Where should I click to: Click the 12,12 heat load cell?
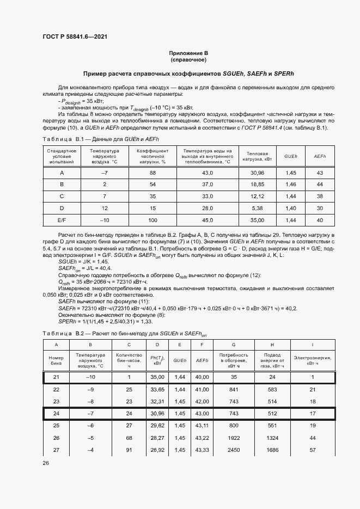(x=257, y=196)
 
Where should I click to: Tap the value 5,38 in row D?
(x=257, y=208)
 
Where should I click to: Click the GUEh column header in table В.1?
(x=291, y=156)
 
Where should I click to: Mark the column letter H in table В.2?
(x=272, y=344)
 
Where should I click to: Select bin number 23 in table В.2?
(x=56, y=401)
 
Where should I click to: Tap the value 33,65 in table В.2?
(x=157, y=389)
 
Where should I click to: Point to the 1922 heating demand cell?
(x=233, y=437)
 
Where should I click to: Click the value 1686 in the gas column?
(x=272, y=450)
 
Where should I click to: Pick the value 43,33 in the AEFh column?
(x=202, y=450)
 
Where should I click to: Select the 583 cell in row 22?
(x=272, y=389)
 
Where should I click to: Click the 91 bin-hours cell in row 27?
(x=129, y=450)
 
